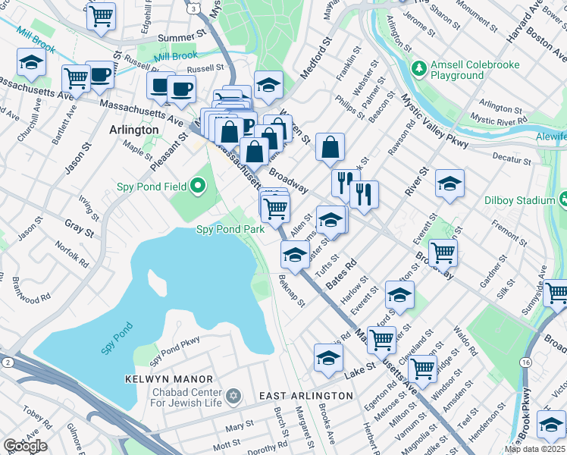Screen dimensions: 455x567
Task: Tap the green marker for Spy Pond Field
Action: pos(199,185)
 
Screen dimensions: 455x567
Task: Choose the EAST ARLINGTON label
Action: pos(305,396)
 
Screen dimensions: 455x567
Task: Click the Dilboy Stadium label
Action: pos(520,200)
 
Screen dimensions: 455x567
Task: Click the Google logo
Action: pos(24,446)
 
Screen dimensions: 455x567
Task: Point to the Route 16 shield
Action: pos(525,363)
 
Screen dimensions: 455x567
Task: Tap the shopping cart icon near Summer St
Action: pos(101,16)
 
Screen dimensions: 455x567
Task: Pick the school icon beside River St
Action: pos(450,184)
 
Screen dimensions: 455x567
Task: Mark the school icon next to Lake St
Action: pos(327,357)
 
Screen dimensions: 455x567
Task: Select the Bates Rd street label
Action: pos(341,274)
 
